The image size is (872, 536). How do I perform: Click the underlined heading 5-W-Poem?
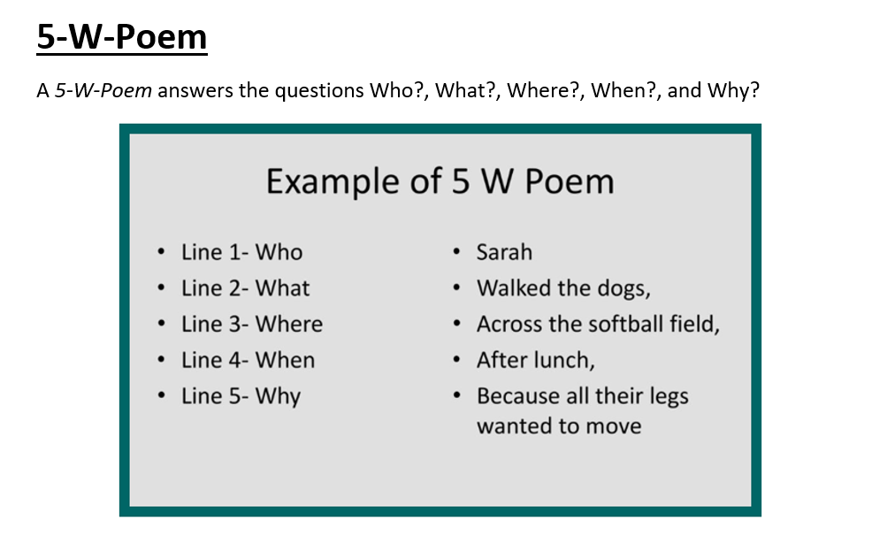[122, 37]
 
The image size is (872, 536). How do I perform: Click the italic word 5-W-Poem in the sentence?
[103, 90]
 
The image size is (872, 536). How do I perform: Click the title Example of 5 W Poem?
[440, 181]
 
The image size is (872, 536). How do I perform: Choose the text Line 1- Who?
[242, 252]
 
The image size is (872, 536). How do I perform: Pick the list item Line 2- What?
[245, 288]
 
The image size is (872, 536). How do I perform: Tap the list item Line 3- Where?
[252, 324]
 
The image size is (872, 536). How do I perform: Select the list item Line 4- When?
[248, 360]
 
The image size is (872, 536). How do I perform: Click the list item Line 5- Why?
[241, 397]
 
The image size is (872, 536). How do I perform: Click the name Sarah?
[504, 252]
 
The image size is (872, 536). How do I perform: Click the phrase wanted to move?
[559, 426]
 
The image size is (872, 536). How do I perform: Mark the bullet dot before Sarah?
[456, 252]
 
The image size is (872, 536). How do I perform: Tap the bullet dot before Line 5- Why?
[161, 396]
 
